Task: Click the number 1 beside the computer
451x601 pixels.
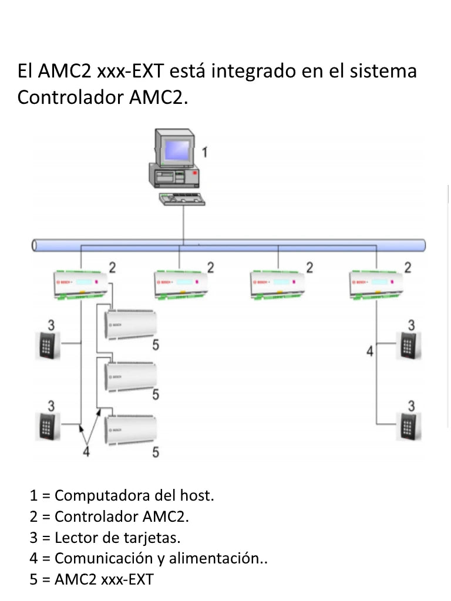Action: [x=204, y=153]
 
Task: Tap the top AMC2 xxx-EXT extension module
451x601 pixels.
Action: [x=130, y=323]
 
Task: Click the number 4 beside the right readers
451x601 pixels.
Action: [x=369, y=352]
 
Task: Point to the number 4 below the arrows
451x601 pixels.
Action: [x=86, y=452]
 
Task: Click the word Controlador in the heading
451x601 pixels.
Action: [x=72, y=97]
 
